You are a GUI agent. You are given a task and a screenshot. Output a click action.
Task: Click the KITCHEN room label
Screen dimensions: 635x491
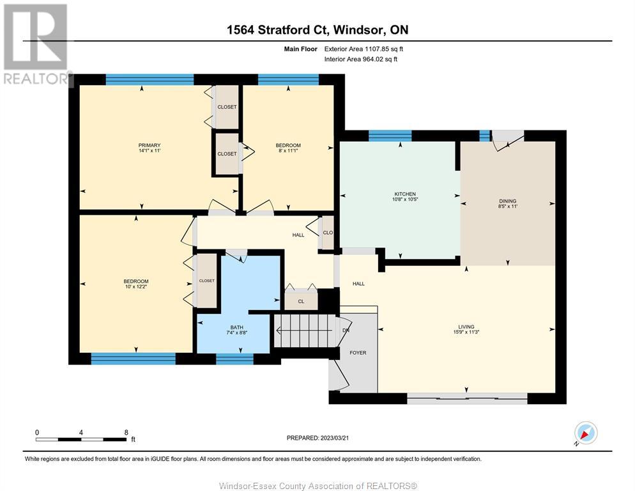[405, 194]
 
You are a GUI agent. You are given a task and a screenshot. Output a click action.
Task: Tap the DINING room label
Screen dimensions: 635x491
[507, 201]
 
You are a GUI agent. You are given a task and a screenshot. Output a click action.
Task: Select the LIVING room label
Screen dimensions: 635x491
[466, 327]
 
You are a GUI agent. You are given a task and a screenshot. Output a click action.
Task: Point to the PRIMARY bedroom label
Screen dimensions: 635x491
[149, 145]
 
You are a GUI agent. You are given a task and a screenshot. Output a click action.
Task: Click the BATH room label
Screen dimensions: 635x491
[237, 327]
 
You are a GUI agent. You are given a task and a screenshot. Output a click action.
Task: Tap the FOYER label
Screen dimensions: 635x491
[358, 353]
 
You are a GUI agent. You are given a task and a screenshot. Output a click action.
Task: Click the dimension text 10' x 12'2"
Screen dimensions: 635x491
[136, 286]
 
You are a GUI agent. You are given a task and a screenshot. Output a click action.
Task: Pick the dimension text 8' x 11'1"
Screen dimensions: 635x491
[288, 150]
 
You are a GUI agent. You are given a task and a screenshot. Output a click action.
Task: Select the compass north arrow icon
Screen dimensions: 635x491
[586, 433]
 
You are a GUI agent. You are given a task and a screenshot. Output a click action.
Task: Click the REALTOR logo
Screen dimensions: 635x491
[36, 44]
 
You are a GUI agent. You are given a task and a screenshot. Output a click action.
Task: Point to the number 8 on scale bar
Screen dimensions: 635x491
[126, 432]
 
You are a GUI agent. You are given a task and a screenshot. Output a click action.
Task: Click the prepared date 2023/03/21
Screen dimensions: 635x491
[335, 438]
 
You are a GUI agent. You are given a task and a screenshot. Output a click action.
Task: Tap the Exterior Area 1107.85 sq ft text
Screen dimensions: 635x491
[363, 49]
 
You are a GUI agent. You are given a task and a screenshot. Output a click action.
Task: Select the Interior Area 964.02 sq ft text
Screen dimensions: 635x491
[361, 59]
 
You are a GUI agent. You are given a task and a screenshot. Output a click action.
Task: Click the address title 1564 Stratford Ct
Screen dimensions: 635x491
[279, 29]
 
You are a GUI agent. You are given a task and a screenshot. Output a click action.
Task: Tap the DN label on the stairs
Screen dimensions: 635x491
[346, 331]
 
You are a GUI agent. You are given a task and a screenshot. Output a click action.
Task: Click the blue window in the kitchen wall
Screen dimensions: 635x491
[390, 136]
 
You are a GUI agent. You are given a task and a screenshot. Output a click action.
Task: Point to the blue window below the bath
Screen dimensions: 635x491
[234, 359]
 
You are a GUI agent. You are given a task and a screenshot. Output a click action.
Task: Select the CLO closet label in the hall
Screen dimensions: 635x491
[328, 233]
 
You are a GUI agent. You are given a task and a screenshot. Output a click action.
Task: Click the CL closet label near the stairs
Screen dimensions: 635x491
[301, 302]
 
